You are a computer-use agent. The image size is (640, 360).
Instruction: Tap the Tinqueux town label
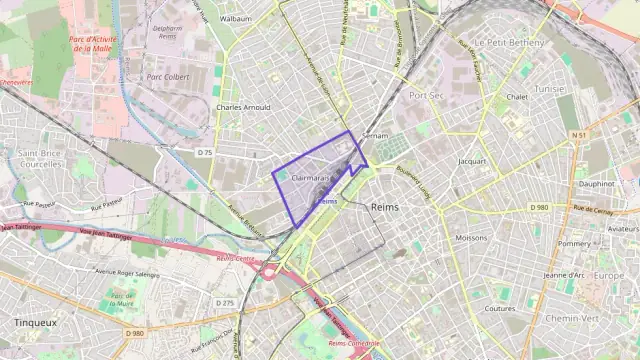[35, 323]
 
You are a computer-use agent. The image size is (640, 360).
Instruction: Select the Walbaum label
[235, 18]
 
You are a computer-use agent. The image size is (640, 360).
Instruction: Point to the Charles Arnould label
[243, 107]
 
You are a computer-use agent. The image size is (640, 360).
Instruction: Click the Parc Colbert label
[167, 75]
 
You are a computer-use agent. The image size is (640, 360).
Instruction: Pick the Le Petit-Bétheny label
[510, 43]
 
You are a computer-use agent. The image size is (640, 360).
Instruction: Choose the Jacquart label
[471, 160]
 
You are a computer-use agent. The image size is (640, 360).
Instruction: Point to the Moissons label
[471, 238]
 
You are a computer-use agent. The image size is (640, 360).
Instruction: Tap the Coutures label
[499, 309]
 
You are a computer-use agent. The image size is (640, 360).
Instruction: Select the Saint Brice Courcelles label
[41, 158]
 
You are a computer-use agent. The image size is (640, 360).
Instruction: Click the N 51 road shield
[578, 134]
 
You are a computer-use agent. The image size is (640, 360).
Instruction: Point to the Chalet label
[517, 97]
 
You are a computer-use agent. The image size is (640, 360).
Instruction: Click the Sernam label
[375, 133]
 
